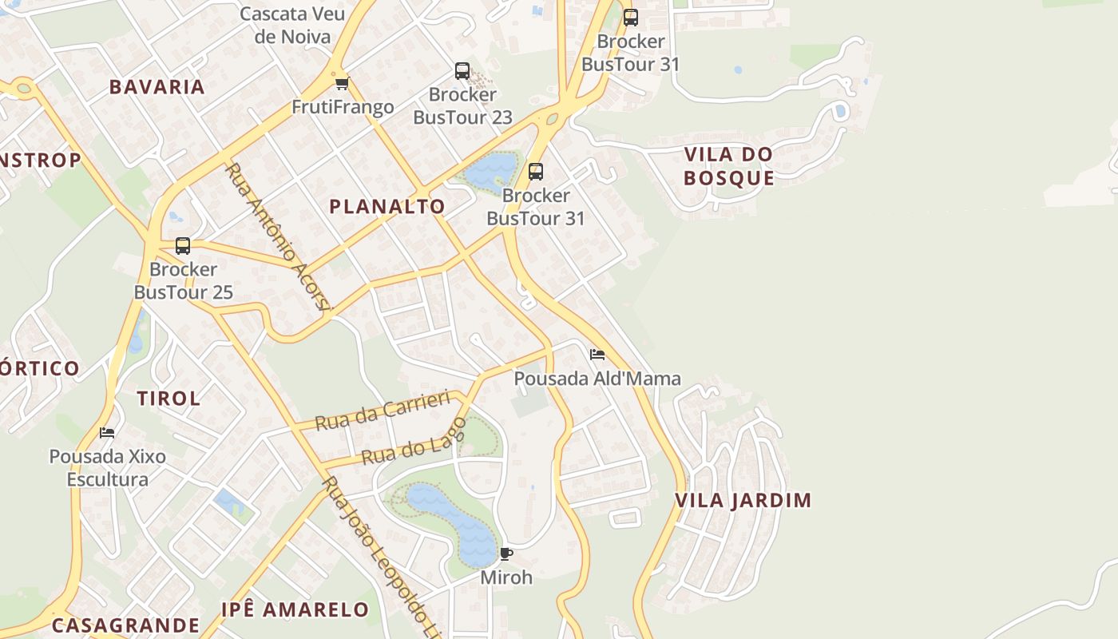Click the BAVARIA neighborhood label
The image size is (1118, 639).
[x=157, y=87]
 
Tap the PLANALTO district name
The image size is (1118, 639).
[x=387, y=206]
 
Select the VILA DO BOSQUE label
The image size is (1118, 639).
[x=728, y=166]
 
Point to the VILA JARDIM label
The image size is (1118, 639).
[x=743, y=501]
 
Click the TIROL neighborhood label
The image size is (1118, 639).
[x=168, y=399]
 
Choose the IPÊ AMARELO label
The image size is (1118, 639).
[x=295, y=610]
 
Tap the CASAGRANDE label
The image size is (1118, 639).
[x=125, y=625]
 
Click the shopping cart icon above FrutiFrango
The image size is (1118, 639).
[x=343, y=83]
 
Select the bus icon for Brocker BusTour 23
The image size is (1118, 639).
[x=462, y=71]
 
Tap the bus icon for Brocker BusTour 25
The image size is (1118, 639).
[x=183, y=246]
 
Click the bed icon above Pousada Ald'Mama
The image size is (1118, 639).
[x=597, y=355]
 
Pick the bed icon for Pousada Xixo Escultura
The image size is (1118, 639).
[x=107, y=433]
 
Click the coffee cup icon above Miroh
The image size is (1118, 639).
[x=505, y=554]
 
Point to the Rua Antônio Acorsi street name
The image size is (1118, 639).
[x=277, y=236]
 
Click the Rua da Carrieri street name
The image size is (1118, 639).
[x=383, y=411]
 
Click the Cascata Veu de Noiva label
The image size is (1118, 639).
[x=292, y=25]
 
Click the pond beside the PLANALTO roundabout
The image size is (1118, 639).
[x=490, y=171]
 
